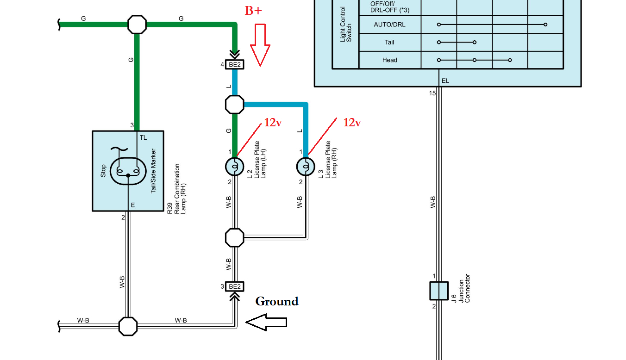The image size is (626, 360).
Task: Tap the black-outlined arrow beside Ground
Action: point(266,322)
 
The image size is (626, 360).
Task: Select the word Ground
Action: point(277,302)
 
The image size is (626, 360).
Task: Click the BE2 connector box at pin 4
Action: point(235,65)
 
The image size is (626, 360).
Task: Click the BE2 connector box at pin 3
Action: point(235,286)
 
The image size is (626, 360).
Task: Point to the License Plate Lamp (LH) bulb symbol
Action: point(235,167)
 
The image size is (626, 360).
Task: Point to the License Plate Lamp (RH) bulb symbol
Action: point(306,167)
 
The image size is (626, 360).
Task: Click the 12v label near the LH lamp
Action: point(273,123)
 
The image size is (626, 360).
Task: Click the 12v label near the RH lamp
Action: point(352,123)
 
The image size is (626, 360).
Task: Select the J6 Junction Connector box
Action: point(438,291)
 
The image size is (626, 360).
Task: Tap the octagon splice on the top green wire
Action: point(137,25)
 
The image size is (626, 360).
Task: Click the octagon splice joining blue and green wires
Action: point(235,105)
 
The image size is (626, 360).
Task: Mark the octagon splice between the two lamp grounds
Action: point(235,237)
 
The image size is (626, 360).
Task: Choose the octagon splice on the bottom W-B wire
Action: point(128,326)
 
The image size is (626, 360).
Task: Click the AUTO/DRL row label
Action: point(389,25)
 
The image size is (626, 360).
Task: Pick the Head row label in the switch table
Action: point(389,60)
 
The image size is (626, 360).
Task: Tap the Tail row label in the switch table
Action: point(389,42)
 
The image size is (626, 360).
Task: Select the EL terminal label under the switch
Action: point(445,81)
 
